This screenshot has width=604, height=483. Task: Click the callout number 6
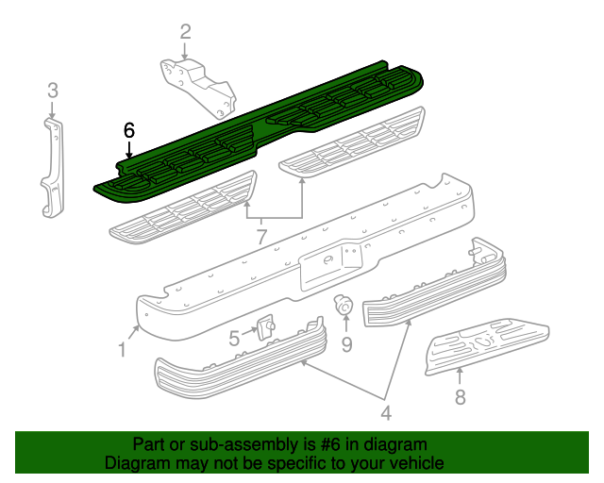[129, 130]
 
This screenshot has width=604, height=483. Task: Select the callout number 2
[185, 31]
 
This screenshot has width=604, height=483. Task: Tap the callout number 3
[53, 91]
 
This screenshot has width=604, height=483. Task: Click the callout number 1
[123, 350]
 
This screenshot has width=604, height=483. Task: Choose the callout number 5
[234, 338]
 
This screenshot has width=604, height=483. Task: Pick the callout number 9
[346, 344]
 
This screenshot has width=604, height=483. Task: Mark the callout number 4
[385, 411]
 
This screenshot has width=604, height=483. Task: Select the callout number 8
[461, 397]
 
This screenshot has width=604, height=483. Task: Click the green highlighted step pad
[264, 127]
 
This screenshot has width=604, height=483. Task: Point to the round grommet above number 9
[344, 305]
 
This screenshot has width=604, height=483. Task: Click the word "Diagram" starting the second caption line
[137, 463]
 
